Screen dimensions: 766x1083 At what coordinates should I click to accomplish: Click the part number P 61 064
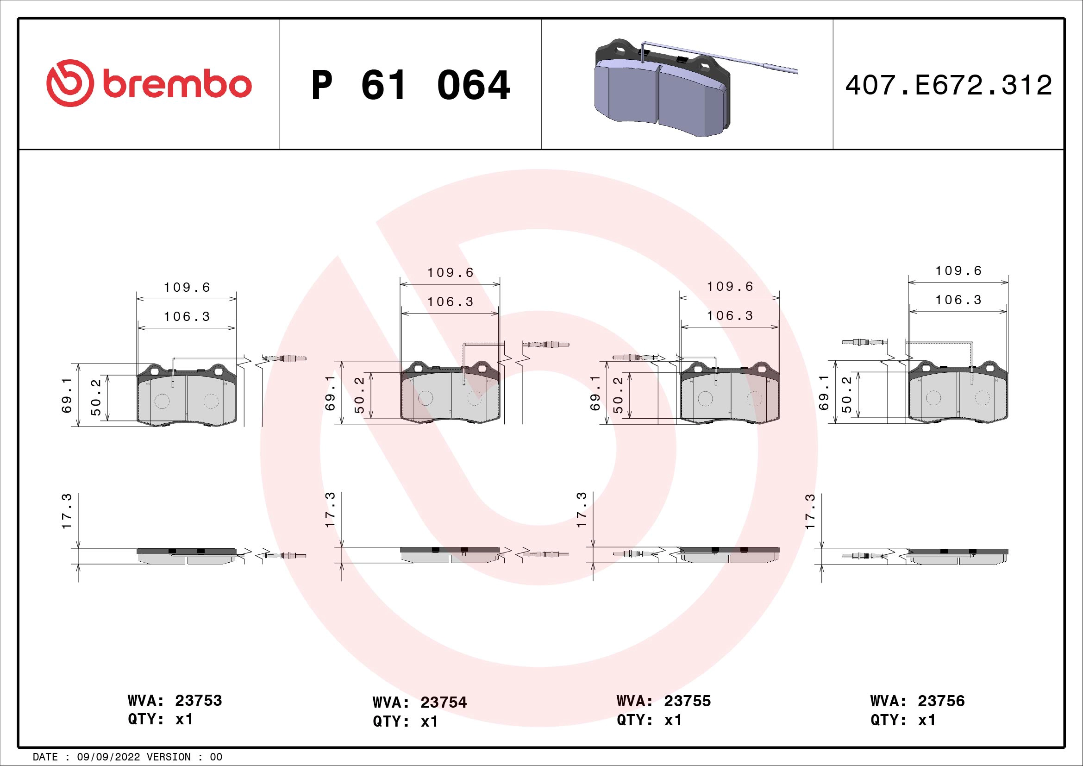pyautogui.click(x=410, y=85)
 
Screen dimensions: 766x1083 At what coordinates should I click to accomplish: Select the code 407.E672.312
pyautogui.click(x=948, y=85)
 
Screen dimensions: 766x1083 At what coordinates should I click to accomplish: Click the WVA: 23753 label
pyautogui.click(x=175, y=700)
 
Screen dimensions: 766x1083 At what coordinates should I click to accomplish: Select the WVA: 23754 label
pyautogui.click(x=419, y=703)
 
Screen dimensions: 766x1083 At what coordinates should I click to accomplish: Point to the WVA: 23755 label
pyautogui.click(x=663, y=701)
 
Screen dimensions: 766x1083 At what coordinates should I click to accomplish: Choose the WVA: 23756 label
pyautogui.click(x=917, y=701)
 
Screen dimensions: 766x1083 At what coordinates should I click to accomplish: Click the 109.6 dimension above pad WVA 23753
pyautogui.click(x=187, y=287)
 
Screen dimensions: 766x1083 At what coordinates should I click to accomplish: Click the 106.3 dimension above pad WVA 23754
pyautogui.click(x=450, y=302)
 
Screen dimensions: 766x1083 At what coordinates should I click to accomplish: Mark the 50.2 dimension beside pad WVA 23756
pyautogui.click(x=847, y=394)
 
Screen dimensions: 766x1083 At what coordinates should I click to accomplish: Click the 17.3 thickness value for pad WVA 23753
pyautogui.click(x=67, y=511)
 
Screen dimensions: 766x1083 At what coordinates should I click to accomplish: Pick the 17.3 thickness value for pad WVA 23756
pyautogui.click(x=810, y=511)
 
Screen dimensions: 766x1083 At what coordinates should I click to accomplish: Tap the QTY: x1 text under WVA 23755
pyautogui.click(x=649, y=720)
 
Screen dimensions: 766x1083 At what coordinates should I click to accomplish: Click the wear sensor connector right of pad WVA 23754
pyautogui.click(x=547, y=344)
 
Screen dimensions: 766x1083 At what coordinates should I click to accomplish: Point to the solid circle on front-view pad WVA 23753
pyautogui.click(x=162, y=401)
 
